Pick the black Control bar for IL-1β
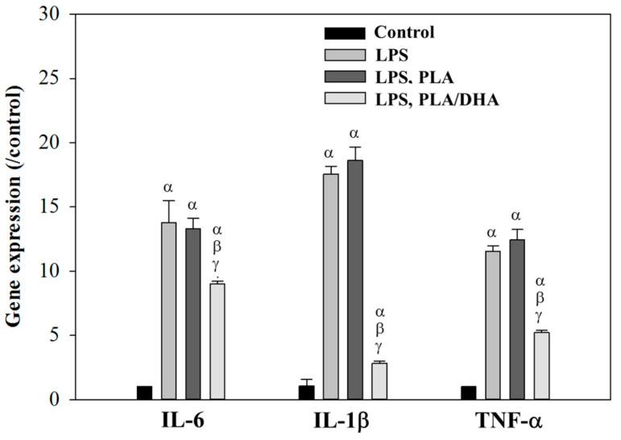click(306, 392)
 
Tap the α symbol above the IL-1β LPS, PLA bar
click(354, 134)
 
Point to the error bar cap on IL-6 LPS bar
click(168, 201)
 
